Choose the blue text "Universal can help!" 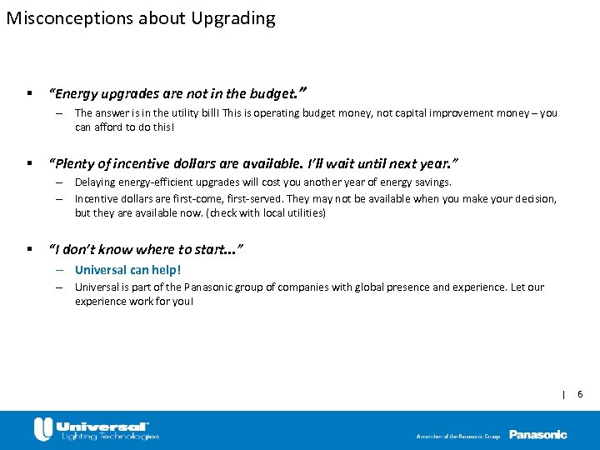tap(127, 270)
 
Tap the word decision tap(533, 198)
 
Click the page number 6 tap(581, 394)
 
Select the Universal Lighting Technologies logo tap(96, 429)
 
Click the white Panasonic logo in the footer tap(537, 434)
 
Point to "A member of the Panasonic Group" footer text tap(458, 436)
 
